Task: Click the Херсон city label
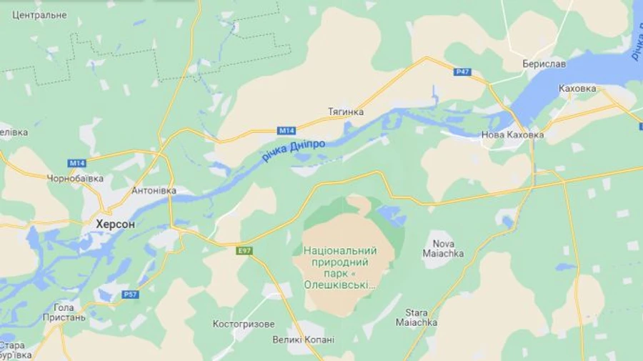point(115,224)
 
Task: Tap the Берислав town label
point(544,64)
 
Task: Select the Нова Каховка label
point(512,134)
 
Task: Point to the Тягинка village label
point(346,112)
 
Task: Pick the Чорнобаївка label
point(75,178)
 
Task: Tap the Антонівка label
point(154,191)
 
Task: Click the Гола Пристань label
point(64,312)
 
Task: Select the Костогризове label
point(244,324)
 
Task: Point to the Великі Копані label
point(303,340)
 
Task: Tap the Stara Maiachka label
point(417,317)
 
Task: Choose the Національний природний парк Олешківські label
point(340,267)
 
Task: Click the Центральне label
point(40,14)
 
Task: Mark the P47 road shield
point(462,72)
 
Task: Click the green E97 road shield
point(245,251)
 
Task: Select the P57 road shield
point(130,294)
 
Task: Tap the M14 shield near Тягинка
point(286,130)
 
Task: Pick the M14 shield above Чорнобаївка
point(77,163)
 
